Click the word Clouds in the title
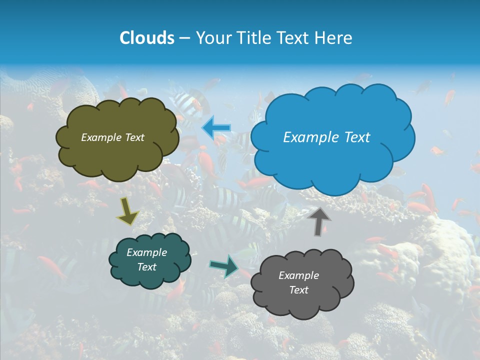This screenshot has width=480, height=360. (146, 37)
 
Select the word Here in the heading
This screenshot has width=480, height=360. (334, 37)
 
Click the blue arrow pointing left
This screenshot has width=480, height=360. (216, 128)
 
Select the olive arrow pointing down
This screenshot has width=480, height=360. (128, 212)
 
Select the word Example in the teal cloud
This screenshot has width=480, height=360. (147, 252)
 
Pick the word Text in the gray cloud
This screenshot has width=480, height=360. (299, 290)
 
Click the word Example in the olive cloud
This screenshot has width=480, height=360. (100, 137)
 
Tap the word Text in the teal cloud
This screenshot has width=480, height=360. (147, 267)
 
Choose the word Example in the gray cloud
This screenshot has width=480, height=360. (299, 275)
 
